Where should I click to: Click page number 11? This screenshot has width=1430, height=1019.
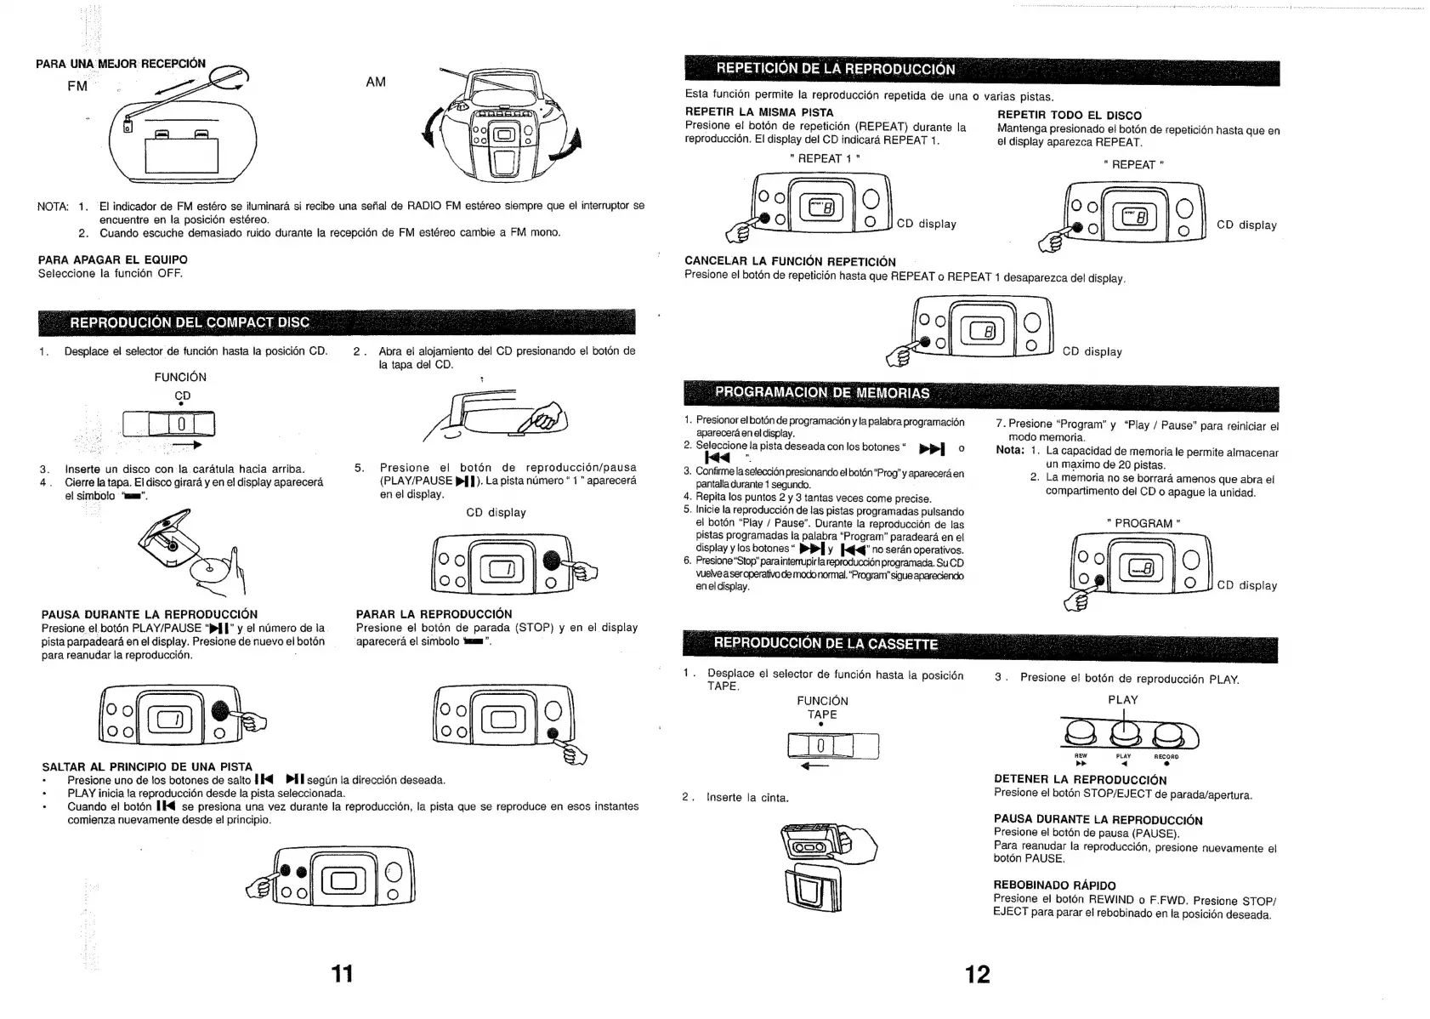click(x=342, y=973)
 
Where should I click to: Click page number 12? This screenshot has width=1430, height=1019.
click(x=978, y=974)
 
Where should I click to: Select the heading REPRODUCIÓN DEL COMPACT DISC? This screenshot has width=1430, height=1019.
click(x=190, y=322)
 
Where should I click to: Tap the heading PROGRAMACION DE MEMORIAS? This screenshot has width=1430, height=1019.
click(x=822, y=392)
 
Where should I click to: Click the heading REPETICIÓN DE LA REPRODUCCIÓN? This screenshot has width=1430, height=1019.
click(x=836, y=69)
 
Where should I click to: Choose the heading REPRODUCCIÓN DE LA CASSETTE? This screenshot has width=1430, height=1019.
click(x=826, y=643)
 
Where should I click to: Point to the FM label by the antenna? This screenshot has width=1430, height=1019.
click(x=77, y=86)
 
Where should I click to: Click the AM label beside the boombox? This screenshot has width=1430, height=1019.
click(x=376, y=82)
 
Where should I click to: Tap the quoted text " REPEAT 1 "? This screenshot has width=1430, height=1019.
click(x=825, y=158)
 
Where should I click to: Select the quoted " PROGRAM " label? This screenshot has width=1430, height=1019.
click(x=1143, y=523)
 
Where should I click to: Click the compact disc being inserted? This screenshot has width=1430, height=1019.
click(x=209, y=570)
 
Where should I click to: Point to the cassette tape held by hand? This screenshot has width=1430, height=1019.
click(x=815, y=845)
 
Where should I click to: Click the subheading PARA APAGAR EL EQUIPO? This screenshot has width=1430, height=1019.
click(x=113, y=259)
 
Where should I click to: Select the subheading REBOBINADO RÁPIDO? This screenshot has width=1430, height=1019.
click(x=1054, y=885)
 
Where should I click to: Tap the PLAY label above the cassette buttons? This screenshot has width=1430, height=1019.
click(x=1122, y=700)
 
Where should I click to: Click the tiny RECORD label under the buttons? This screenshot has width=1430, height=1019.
click(x=1166, y=756)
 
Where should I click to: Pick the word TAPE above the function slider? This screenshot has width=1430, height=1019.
click(x=822, y=714)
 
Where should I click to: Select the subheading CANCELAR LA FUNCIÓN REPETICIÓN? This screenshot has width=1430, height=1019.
click(x=790, y=261)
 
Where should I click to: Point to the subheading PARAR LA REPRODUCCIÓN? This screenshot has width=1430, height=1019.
click(x=434, y=614)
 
